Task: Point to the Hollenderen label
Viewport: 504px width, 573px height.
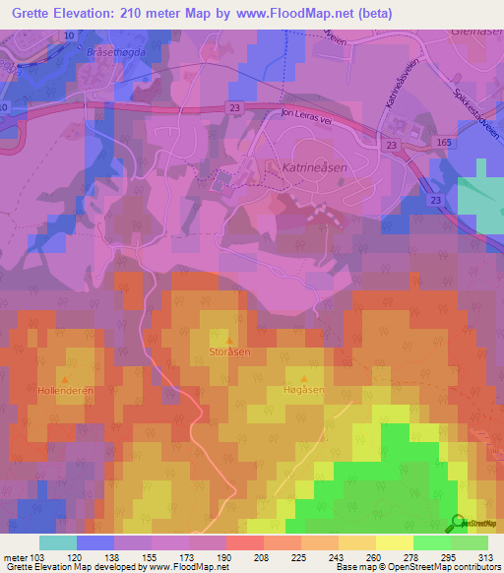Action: (65, 390)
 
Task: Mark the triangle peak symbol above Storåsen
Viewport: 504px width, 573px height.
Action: (230, 339)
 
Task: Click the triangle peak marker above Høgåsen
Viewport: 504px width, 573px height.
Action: (303, 378)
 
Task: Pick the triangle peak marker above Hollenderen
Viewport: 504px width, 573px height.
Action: (65, 378)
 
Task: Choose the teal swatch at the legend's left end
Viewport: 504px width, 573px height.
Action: (58, 542)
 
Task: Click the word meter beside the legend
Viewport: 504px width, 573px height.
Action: (15, 556)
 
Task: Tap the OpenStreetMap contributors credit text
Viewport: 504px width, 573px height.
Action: (452, 567)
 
